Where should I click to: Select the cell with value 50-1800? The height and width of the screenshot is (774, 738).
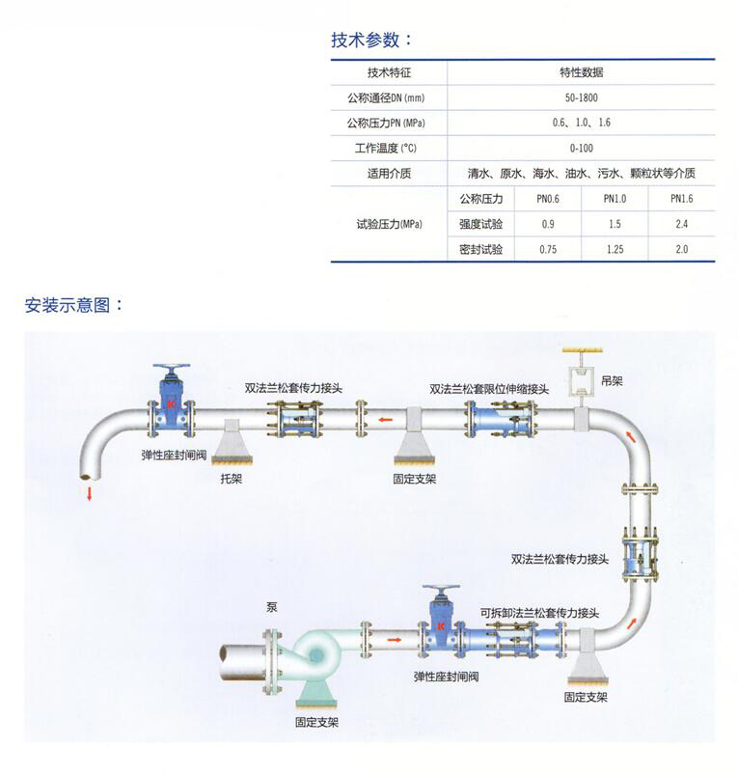581,97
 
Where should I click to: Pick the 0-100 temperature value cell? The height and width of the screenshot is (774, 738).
581,148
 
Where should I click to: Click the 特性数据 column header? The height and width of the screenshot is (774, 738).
581,72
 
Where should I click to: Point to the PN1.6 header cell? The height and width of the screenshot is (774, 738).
681,199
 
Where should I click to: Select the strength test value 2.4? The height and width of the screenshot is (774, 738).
681,224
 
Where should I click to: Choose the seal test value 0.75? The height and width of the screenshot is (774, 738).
548,250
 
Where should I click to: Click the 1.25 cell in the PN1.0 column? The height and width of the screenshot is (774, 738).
615,250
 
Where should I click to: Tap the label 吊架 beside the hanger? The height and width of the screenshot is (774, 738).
612,380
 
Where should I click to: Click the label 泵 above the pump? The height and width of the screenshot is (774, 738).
272,607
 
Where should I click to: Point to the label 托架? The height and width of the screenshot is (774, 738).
232,479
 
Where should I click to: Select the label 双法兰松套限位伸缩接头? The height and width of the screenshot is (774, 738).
489,389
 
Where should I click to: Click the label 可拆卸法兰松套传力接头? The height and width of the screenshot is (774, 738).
539,613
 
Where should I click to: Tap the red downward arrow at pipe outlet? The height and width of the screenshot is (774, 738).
90,493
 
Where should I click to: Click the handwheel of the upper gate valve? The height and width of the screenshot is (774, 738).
171,369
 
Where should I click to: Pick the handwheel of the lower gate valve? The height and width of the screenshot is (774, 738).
441,590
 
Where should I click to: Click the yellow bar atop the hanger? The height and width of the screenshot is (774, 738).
583,350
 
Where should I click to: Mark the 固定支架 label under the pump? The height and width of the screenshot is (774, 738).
316,722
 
